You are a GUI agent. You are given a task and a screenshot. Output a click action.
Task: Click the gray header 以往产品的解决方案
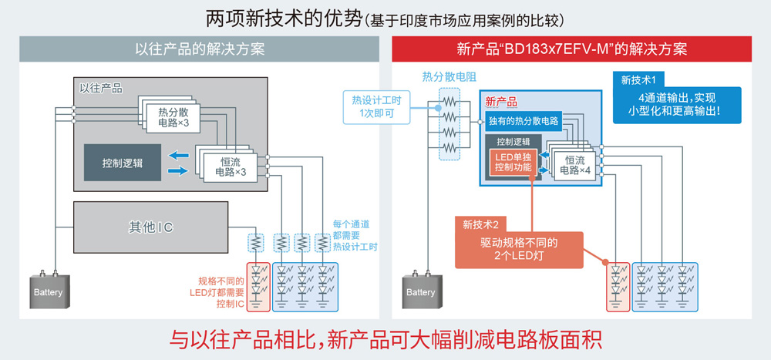click(x=199, y=49)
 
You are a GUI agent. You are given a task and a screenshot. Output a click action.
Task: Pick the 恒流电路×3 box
click(x=229, y=167)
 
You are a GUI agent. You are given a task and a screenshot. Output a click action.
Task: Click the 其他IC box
click(x=150, y=227)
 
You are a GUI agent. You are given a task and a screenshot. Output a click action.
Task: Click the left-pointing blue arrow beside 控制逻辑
click(x=178, y=155)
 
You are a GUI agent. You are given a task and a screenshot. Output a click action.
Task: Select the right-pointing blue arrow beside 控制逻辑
click(x=178, y=170)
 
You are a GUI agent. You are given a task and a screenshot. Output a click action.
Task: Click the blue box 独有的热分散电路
click(x=524, y=120)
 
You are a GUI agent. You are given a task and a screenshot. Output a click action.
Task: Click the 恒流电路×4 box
click(x=574, y=165)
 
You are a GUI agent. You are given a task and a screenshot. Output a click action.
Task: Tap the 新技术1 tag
click(x=638, y=79)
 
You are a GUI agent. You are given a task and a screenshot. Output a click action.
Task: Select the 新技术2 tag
click(x=481, y=225)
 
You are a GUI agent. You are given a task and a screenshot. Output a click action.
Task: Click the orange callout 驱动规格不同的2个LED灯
click(x=519, y=249)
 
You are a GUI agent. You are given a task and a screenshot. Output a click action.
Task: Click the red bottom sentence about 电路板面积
click(x=385, y=339)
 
